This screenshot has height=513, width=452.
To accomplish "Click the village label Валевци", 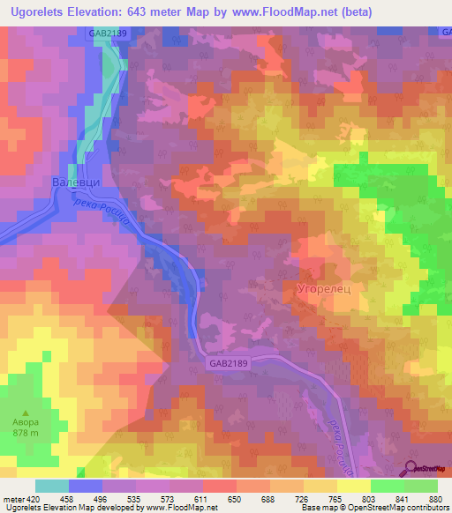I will coord(68,182).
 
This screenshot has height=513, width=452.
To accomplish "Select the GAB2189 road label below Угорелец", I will coord(230,362).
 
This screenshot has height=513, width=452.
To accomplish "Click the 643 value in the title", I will coord(167,12).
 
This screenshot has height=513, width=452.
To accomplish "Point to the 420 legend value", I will coord(32,499).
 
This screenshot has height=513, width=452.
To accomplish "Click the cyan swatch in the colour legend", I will coord(52,486).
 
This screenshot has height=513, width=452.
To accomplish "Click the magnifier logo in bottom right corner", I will coord(412,470).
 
